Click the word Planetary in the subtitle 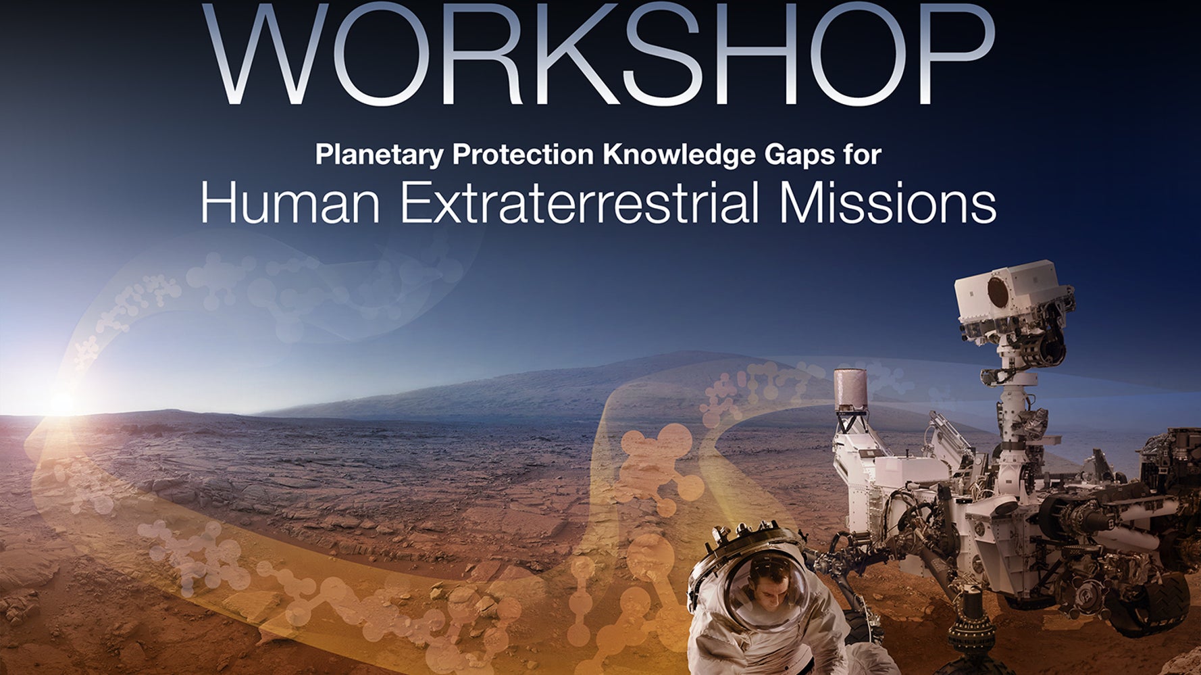coord(379,155)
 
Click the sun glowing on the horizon coord(61,403)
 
